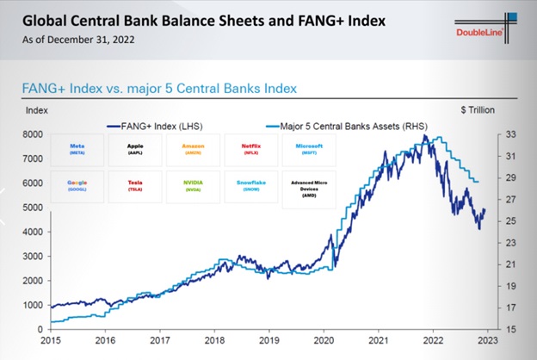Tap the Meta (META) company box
pyautogui.click(x=76, y=148)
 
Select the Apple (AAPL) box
pyautogui.click(x=134, y=148)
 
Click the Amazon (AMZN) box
pyautogui.click(x=193, y=148)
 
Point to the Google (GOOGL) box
pyautogui.click(x=76, y=187)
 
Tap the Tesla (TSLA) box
pyautogui.click(x=134, y=187)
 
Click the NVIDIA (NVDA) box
pyautogui.click(x=193, y=187)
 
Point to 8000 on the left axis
pyautogui.click(x=34, y=134)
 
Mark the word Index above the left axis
pyautogui.click(x=37, y=111)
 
